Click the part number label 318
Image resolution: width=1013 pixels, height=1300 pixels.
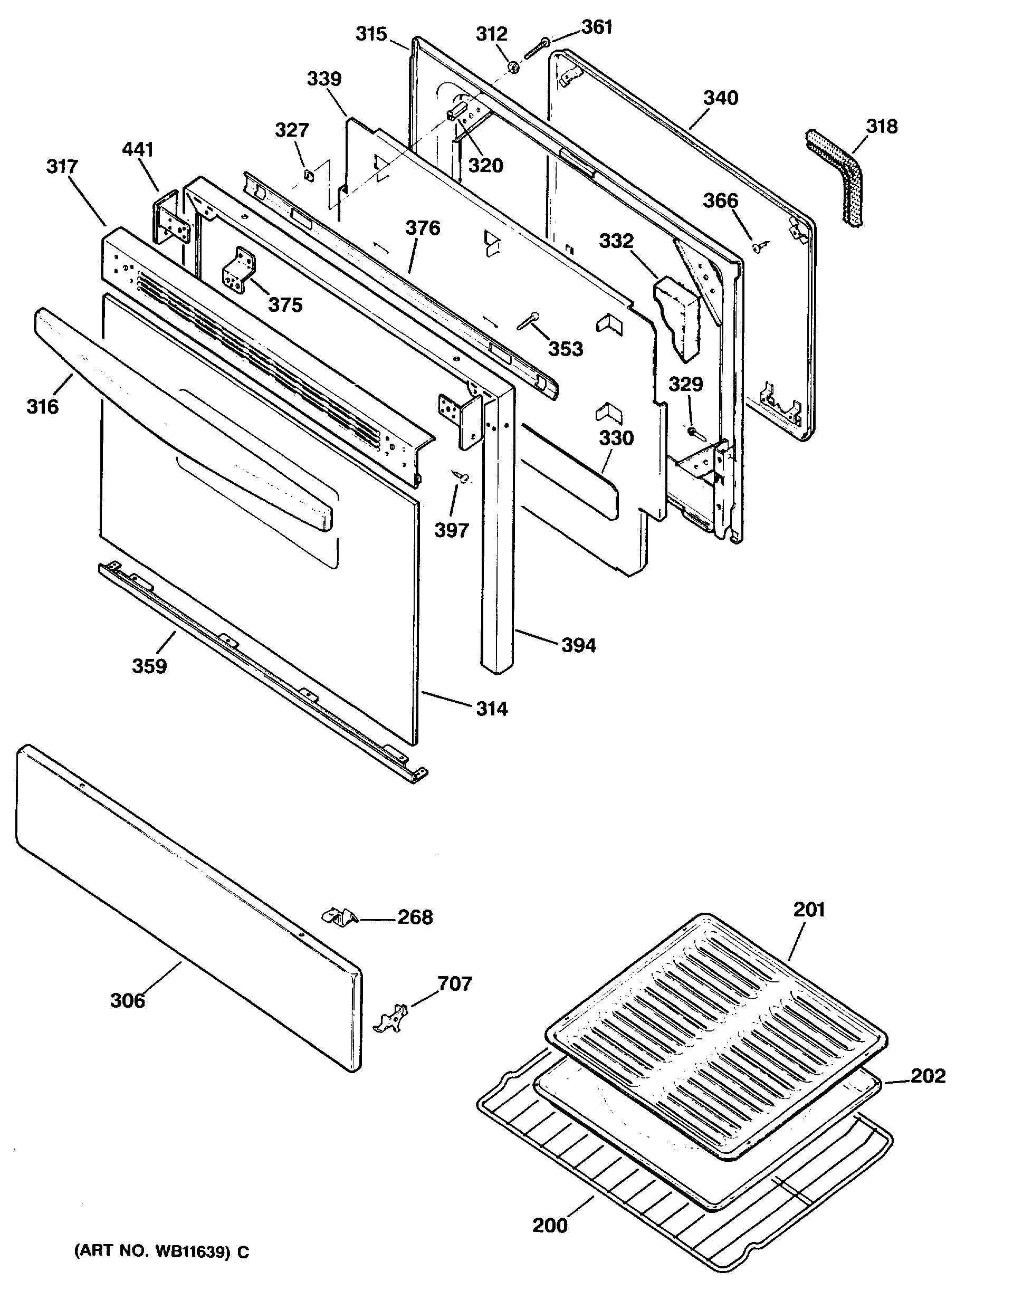click(882, 126)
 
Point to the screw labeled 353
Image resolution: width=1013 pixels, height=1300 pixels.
click(527, 321)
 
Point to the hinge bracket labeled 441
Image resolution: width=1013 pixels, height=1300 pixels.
click(173, 219)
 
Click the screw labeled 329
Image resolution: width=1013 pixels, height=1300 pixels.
click(694, 430)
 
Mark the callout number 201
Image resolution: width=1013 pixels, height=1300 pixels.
click(809, 910)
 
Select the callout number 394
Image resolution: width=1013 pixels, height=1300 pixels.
click(578, 645)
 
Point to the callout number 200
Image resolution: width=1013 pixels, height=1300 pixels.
click(550, 1225)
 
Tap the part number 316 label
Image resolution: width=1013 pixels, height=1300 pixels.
click(43, 407)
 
